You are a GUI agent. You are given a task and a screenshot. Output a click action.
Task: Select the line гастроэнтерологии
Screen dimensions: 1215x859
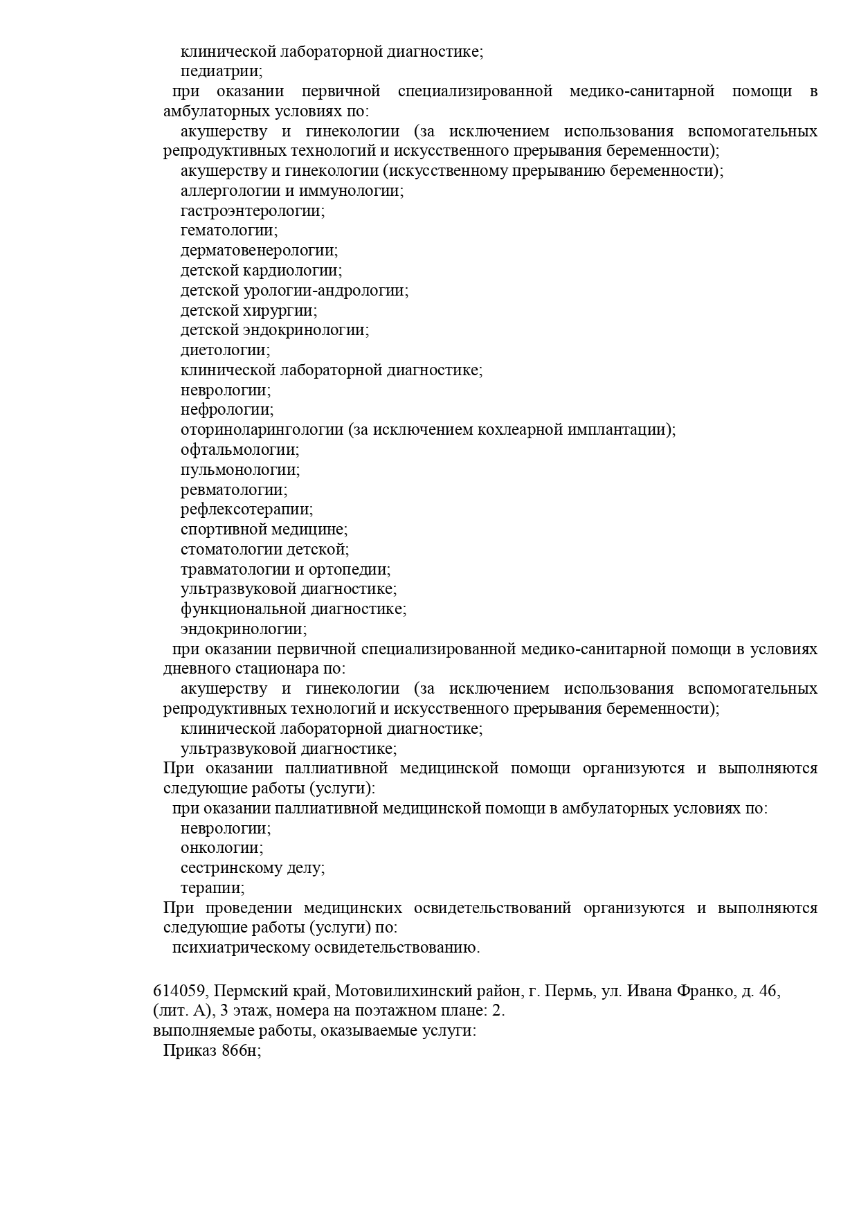point(253,211)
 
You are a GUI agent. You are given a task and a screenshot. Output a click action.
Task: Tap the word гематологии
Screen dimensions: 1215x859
point(228,231)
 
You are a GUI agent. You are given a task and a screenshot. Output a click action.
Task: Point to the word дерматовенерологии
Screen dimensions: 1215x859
point(259,251)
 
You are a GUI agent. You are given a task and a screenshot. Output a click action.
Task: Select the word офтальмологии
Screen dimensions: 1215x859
point(239,450)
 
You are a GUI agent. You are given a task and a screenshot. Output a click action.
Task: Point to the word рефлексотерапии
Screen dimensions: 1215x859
point(246,510)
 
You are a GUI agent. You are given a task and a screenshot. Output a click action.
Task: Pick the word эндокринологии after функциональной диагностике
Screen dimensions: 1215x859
point(243,629)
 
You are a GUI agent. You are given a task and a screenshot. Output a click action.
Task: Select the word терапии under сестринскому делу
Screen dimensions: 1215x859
point(213,888)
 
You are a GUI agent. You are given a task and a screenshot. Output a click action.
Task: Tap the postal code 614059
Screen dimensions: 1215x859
point(176,991)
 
